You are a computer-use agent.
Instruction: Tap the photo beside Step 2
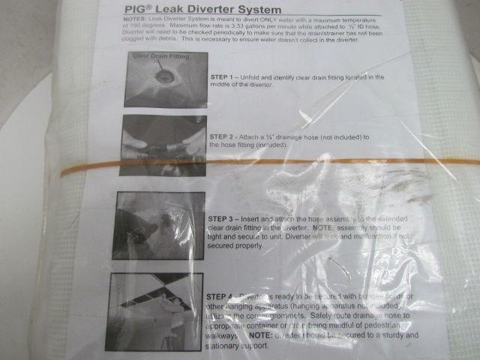tap(163, 145)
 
